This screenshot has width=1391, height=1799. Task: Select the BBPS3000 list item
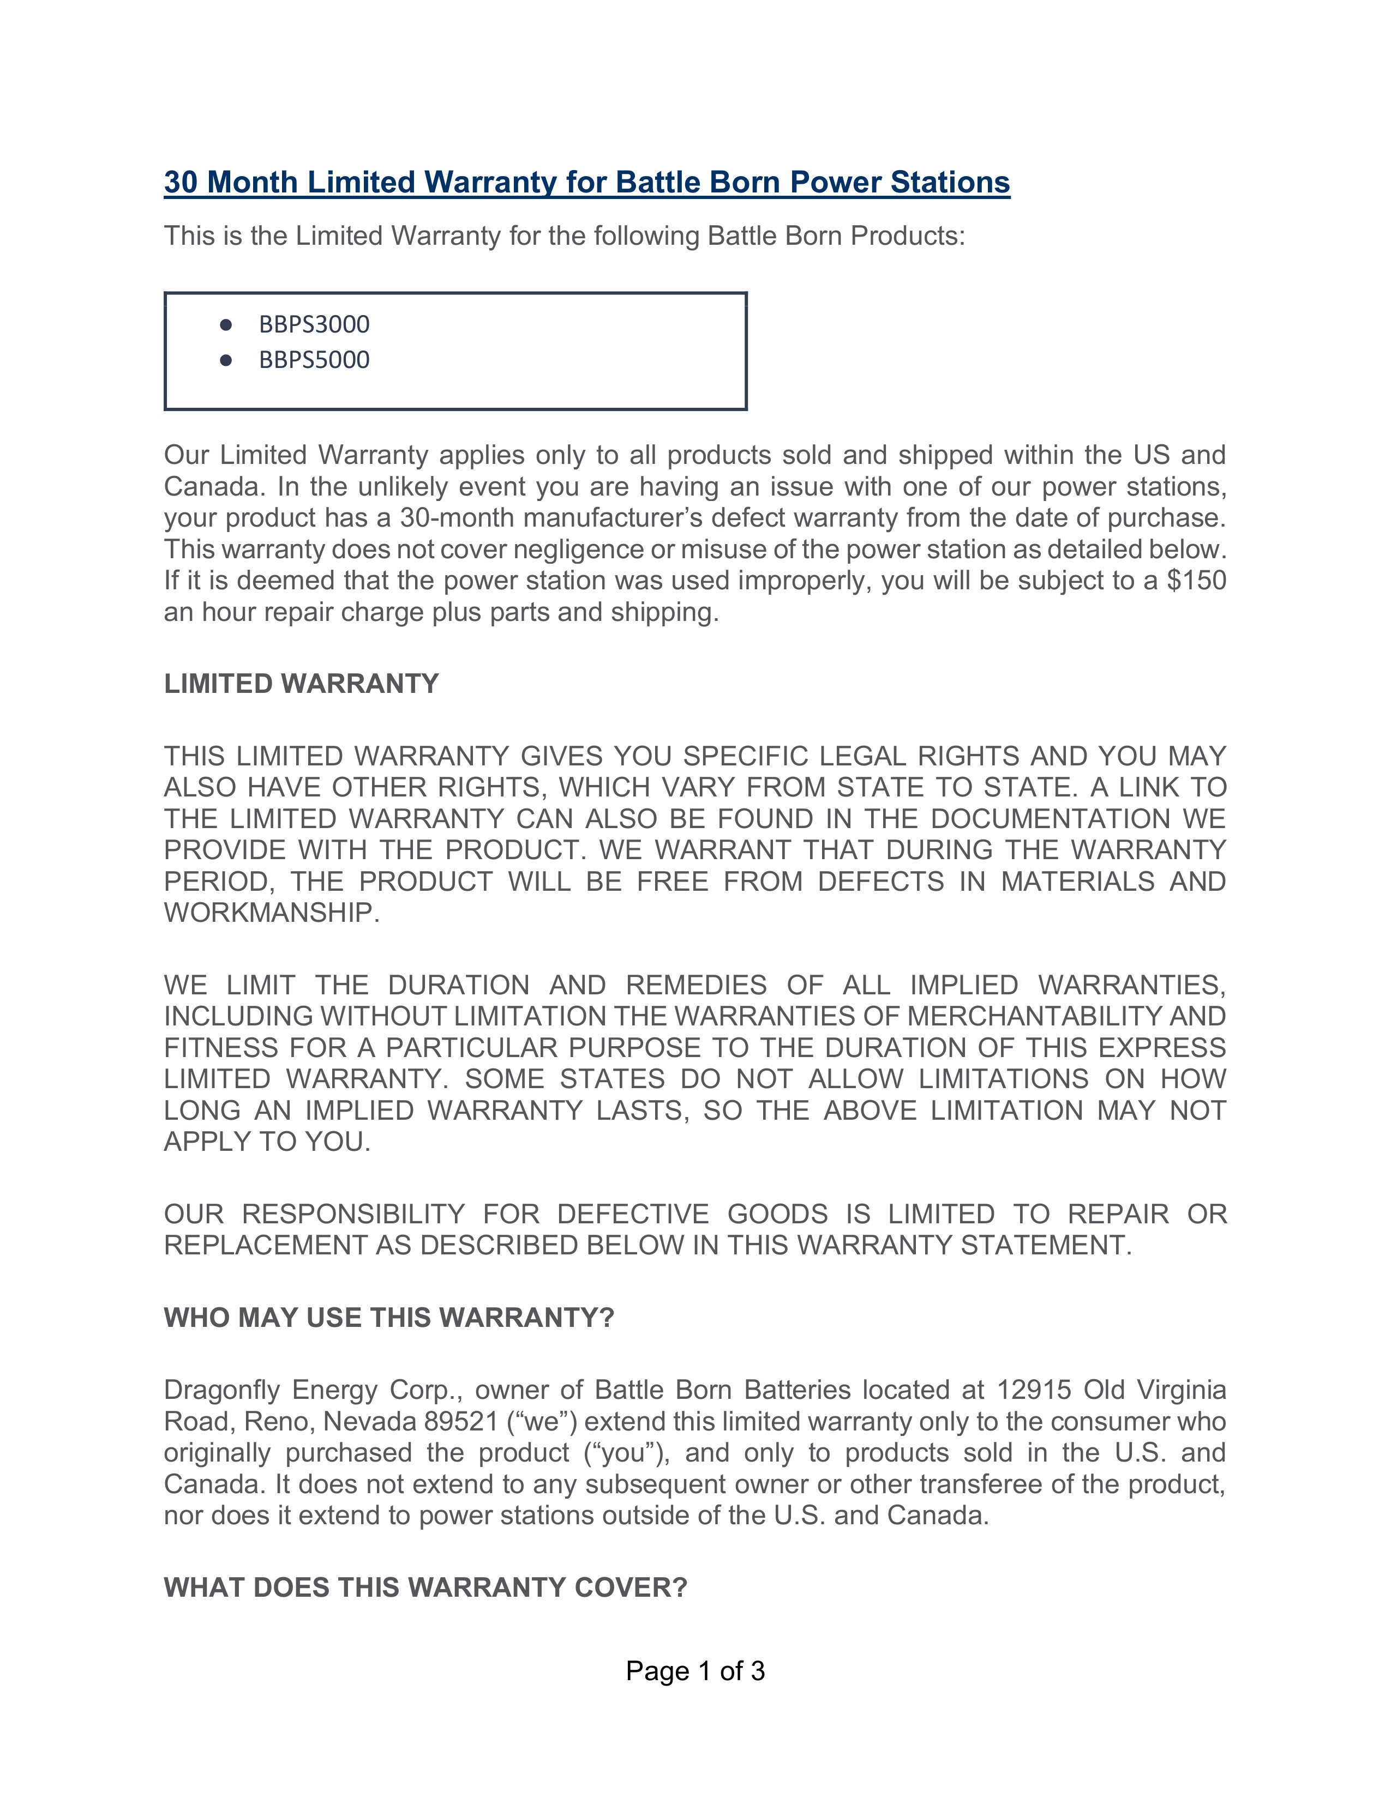click(314, 324)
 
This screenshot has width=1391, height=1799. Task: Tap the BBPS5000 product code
click(314, 360)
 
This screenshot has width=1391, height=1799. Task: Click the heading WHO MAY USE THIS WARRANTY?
click(389, 1318)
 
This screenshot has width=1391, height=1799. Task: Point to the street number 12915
click(1033, 1391)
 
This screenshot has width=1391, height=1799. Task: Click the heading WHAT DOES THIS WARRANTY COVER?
click(425, 1588)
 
